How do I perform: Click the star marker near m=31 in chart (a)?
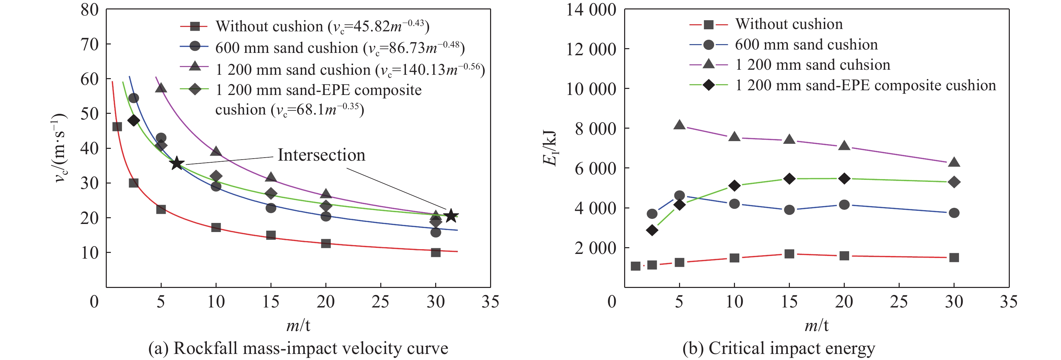[451, 216]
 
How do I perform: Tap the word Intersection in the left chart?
[321, 155]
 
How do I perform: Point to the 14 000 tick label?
[591, 9]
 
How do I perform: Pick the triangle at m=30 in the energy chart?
[954, 162]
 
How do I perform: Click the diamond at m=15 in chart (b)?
[789, 179]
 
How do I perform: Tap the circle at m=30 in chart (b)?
[954, 213]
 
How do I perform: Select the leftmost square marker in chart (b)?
[636, 266]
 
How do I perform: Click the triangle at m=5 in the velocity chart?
[161, 88]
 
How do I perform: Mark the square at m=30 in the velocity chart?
[436, 253]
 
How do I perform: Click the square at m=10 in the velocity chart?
[216, 227]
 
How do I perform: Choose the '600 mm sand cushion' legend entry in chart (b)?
[806, 44]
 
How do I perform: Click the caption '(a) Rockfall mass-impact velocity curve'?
[298, 349]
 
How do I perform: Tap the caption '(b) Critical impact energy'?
[778, 349]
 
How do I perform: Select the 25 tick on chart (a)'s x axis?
[380, 302]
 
